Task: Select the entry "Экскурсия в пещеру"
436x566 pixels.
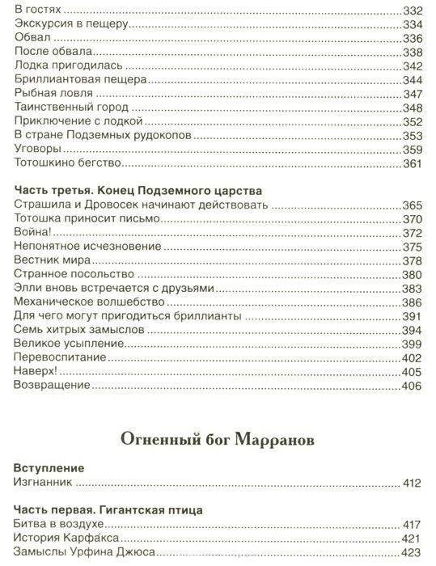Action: tap(72, 24)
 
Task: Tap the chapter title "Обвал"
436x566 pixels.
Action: tap(32, 39)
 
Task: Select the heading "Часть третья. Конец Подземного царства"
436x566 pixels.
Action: tap(140, 191)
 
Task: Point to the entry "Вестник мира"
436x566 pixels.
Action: tap(52, 260)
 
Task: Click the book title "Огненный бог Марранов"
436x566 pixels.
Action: tap(217, 439)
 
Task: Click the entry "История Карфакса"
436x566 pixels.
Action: tap(67, 539)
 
